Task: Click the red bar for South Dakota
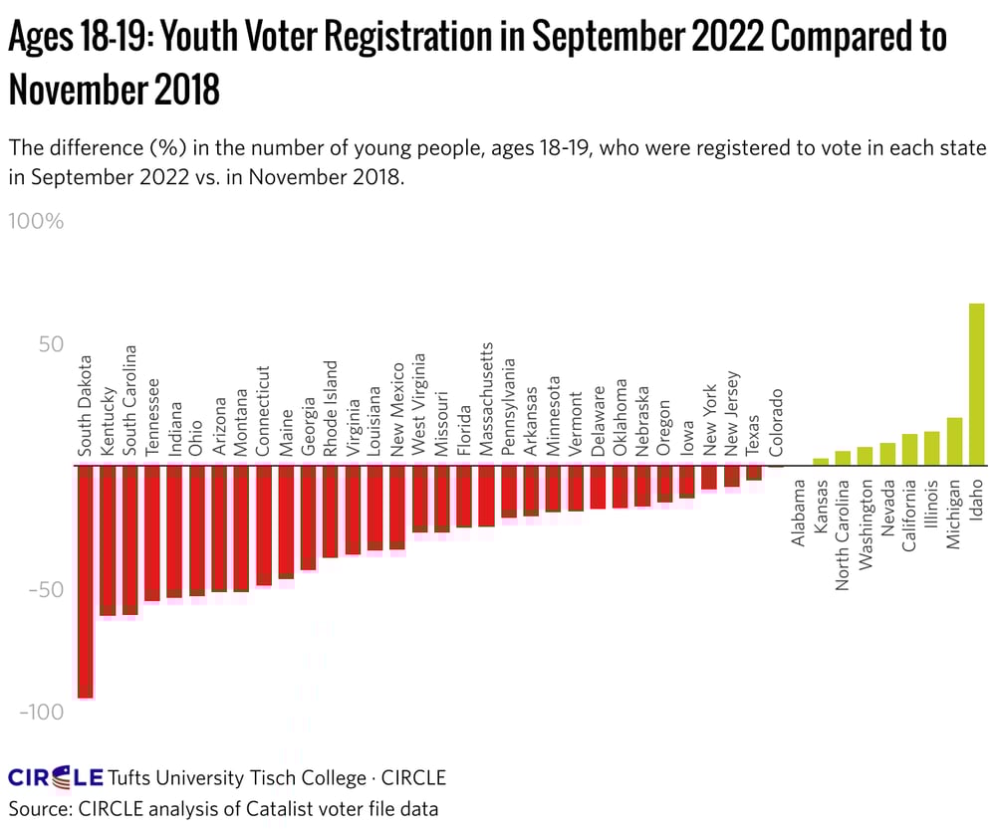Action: (86, 581)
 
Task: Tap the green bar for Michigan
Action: (954, 441)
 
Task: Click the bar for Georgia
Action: (308, 518)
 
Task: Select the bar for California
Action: (909, 450)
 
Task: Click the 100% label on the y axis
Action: (36, 221)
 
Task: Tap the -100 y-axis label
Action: (40, 712)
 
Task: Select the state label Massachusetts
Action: (487, 399)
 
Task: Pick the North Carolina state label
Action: (843, 535)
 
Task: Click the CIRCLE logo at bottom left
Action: (55, 777)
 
